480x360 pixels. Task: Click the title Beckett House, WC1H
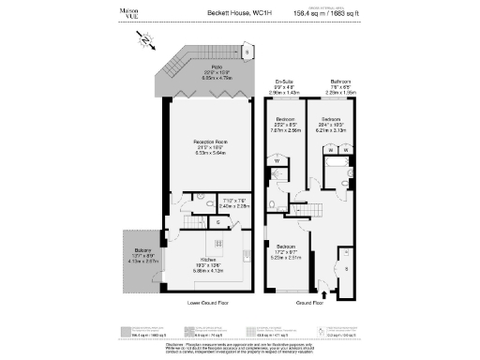coord(239,13)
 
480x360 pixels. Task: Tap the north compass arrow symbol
coord(145,39)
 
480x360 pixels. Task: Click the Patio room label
coord(216,68)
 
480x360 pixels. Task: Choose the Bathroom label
coord(339,82)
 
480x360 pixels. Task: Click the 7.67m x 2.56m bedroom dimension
coord(286,132)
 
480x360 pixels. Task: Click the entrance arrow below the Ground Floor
coord(325,293)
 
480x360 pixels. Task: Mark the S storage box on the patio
coord(247,53)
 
